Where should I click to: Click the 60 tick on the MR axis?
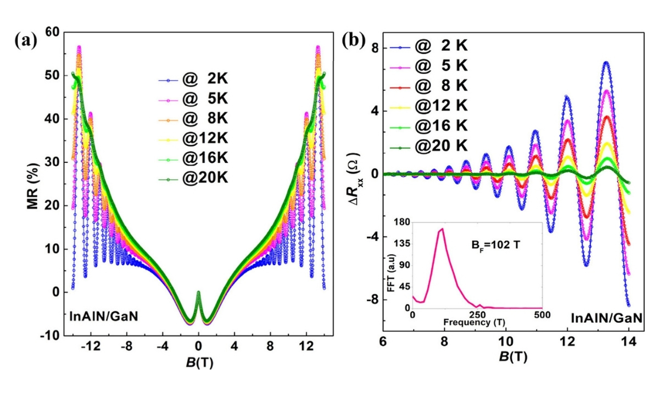tap(52, 32)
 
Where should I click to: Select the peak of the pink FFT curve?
tap(442, 229)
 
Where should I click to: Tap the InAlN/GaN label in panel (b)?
tap(605, 318)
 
